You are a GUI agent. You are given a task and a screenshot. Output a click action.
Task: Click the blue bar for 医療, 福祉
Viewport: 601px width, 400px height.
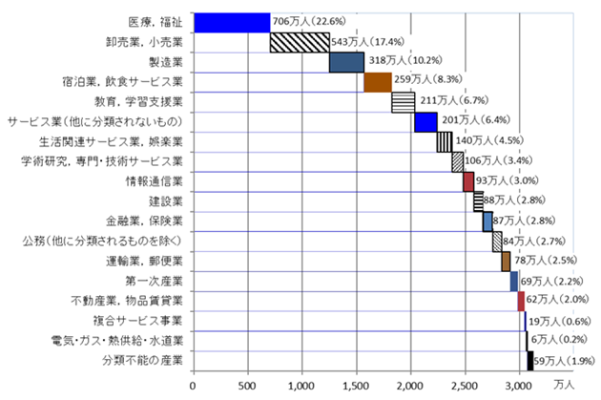(x=231, y=22)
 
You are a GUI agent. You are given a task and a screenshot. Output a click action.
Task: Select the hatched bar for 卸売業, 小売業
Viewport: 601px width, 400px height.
(x=299, y=42)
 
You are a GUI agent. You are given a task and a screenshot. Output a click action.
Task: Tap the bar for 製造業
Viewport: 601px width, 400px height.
(x=346, y=62)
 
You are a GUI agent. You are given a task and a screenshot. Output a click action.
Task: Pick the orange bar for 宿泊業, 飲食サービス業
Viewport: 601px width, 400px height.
(x=378, y=82)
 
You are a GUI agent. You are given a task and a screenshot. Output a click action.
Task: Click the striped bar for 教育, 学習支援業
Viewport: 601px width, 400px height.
(x=403, y=102)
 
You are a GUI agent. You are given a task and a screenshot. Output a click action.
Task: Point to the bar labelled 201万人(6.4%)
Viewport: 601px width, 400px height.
(x=425, y=122)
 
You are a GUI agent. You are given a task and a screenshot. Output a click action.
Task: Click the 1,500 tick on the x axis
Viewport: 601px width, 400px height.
(x=356, y=385)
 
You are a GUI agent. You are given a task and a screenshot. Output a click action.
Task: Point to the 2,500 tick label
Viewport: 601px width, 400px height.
(x=465, y=385)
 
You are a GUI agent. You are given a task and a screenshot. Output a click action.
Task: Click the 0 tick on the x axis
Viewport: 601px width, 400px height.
(x=193, y=385)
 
